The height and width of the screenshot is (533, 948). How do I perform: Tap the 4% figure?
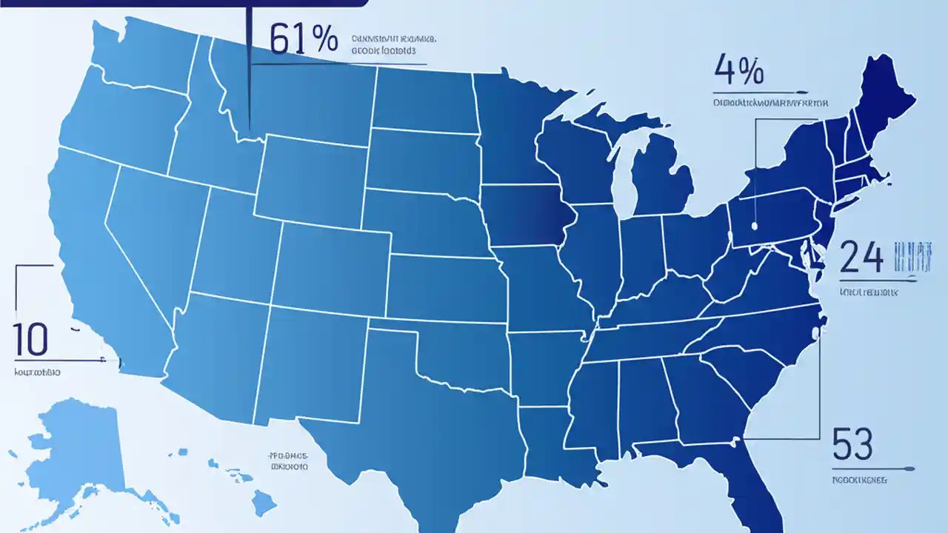[738, 71]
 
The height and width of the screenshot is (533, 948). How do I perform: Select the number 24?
[862, 259]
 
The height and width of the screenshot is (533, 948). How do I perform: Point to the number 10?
[30, 339]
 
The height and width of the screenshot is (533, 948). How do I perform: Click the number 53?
[852, 443]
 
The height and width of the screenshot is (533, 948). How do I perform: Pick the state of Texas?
[415, 415]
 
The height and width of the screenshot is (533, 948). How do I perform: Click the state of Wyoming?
[311, 178]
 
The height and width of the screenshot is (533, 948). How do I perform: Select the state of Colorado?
[333, 263]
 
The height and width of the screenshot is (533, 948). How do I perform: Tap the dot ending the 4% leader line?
[753, 224]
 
